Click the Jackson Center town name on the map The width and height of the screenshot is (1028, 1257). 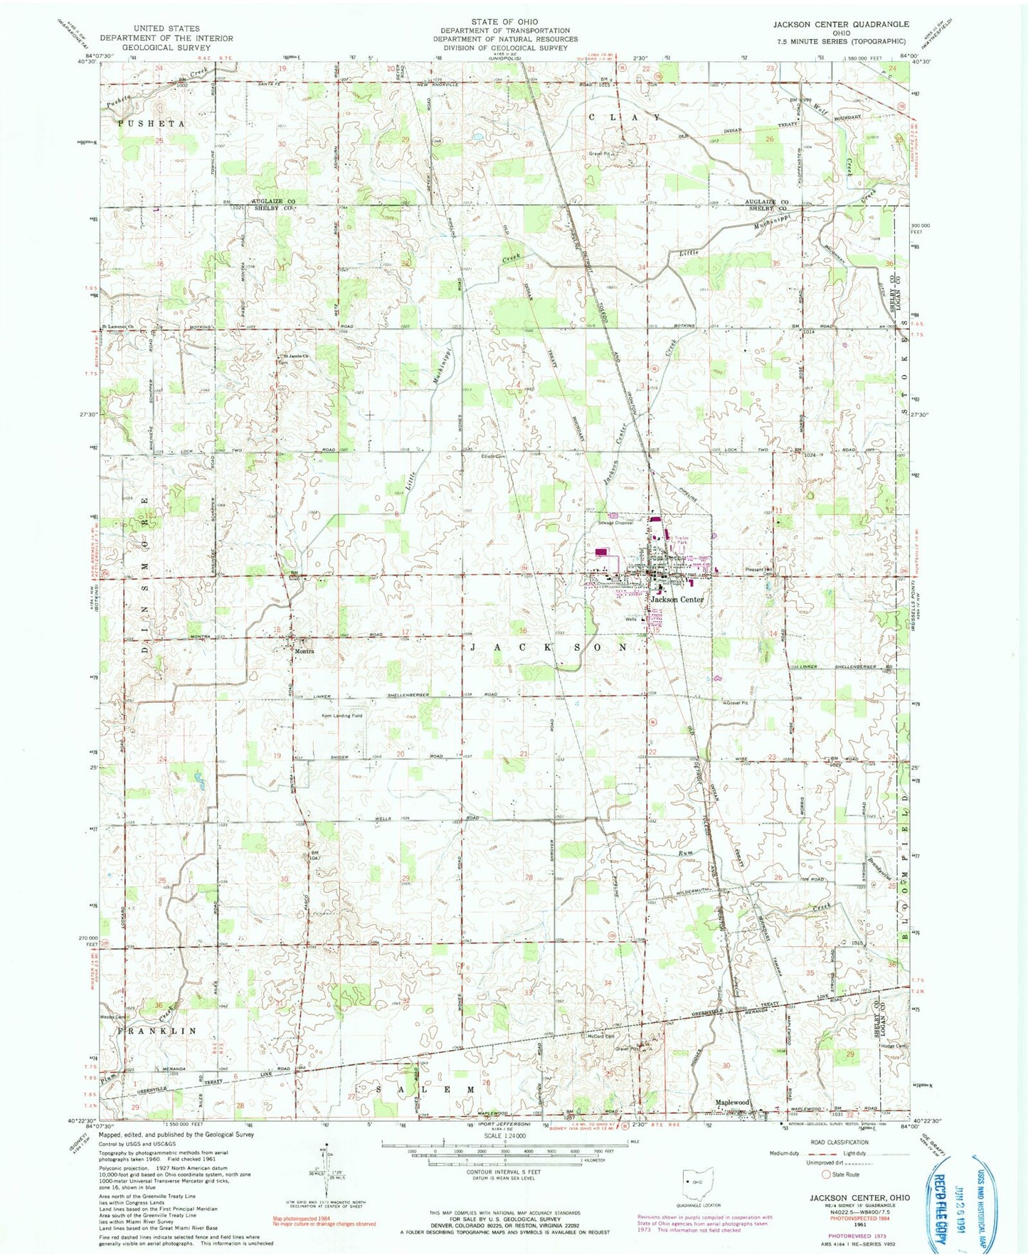[x=677, y=599]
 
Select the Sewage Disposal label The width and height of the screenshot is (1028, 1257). [x=615, y=522]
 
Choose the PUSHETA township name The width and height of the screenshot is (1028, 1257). [x=152, y=124]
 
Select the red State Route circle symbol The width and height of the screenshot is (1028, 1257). [x=826, y=1193]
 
